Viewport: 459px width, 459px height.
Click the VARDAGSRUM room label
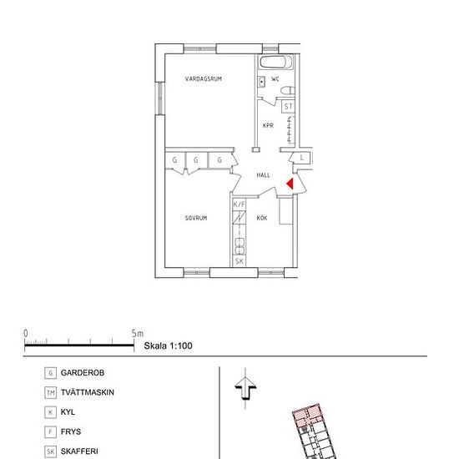203,78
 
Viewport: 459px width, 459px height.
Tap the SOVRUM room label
196,218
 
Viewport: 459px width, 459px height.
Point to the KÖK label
262,218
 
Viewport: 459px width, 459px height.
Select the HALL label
263,175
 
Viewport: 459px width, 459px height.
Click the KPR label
268,125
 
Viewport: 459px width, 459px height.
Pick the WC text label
275,78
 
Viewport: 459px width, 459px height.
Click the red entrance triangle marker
290,184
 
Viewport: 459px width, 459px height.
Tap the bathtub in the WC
276,62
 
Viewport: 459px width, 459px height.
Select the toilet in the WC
288,90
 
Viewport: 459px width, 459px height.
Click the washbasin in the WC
261,82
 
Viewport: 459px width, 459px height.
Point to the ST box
289,107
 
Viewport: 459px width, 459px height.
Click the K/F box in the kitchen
240,204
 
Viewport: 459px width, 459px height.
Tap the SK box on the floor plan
240,261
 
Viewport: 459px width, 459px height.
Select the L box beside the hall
302,158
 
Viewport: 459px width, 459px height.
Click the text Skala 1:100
168,346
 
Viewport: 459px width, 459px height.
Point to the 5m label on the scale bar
138,334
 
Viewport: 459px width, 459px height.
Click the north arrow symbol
245,388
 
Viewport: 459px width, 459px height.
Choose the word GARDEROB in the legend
83,373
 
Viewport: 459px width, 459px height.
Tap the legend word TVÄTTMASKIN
88,392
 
